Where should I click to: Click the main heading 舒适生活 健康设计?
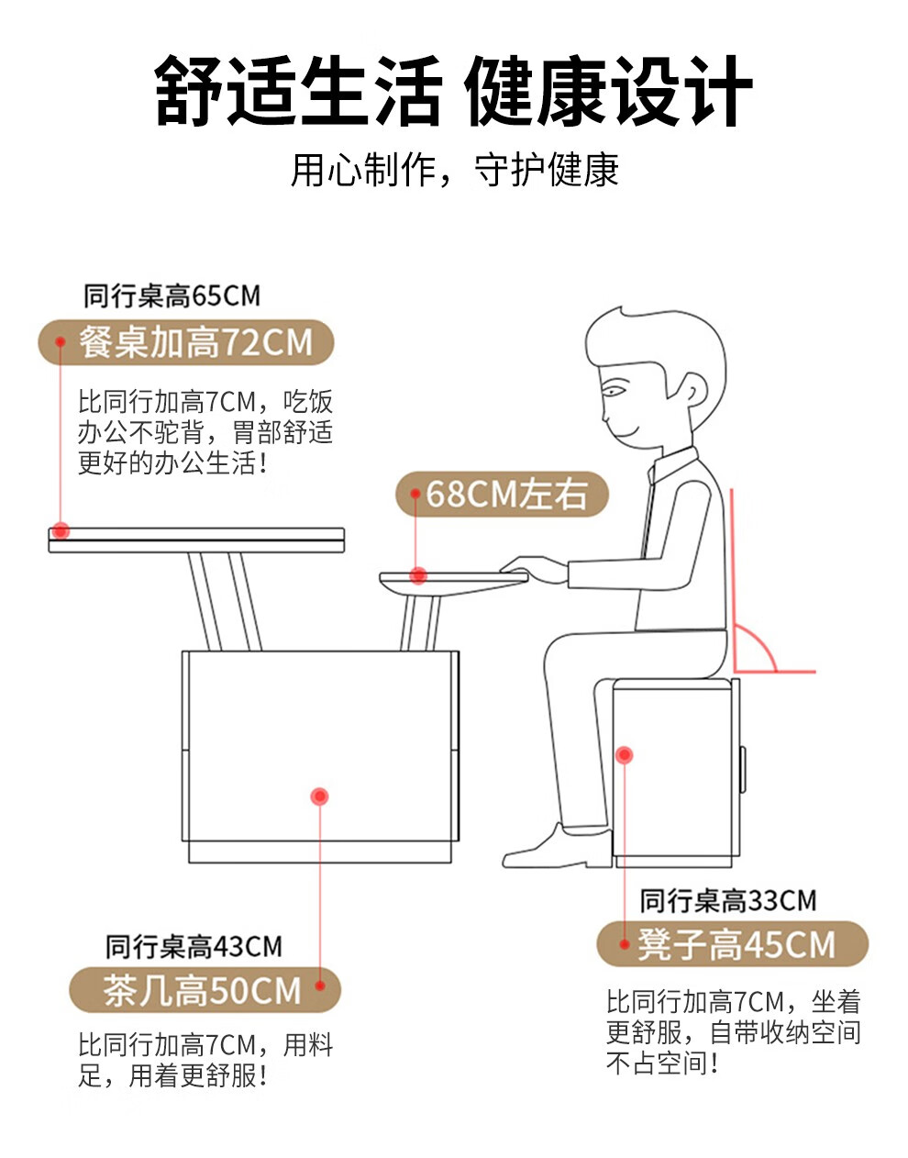(x=453, y=90)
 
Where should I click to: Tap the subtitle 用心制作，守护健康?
(x=454, y=170)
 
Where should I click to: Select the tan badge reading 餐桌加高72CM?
(x=186, y=342)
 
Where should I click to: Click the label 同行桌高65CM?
(x=172, y=295)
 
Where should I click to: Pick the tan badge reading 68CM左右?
(x=501, y=494)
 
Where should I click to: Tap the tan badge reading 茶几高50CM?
(x=205, y=989)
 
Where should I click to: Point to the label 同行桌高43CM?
(x=194, y=947)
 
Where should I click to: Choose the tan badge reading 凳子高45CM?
(x=732, y=944)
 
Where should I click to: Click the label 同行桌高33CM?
(x=728, y=901)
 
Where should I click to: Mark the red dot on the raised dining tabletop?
(x=61, y=530)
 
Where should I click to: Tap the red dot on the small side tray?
(x=418, y=575)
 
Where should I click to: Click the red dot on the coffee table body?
(x=319, y=796)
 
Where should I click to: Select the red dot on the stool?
(x=625, y=755)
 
